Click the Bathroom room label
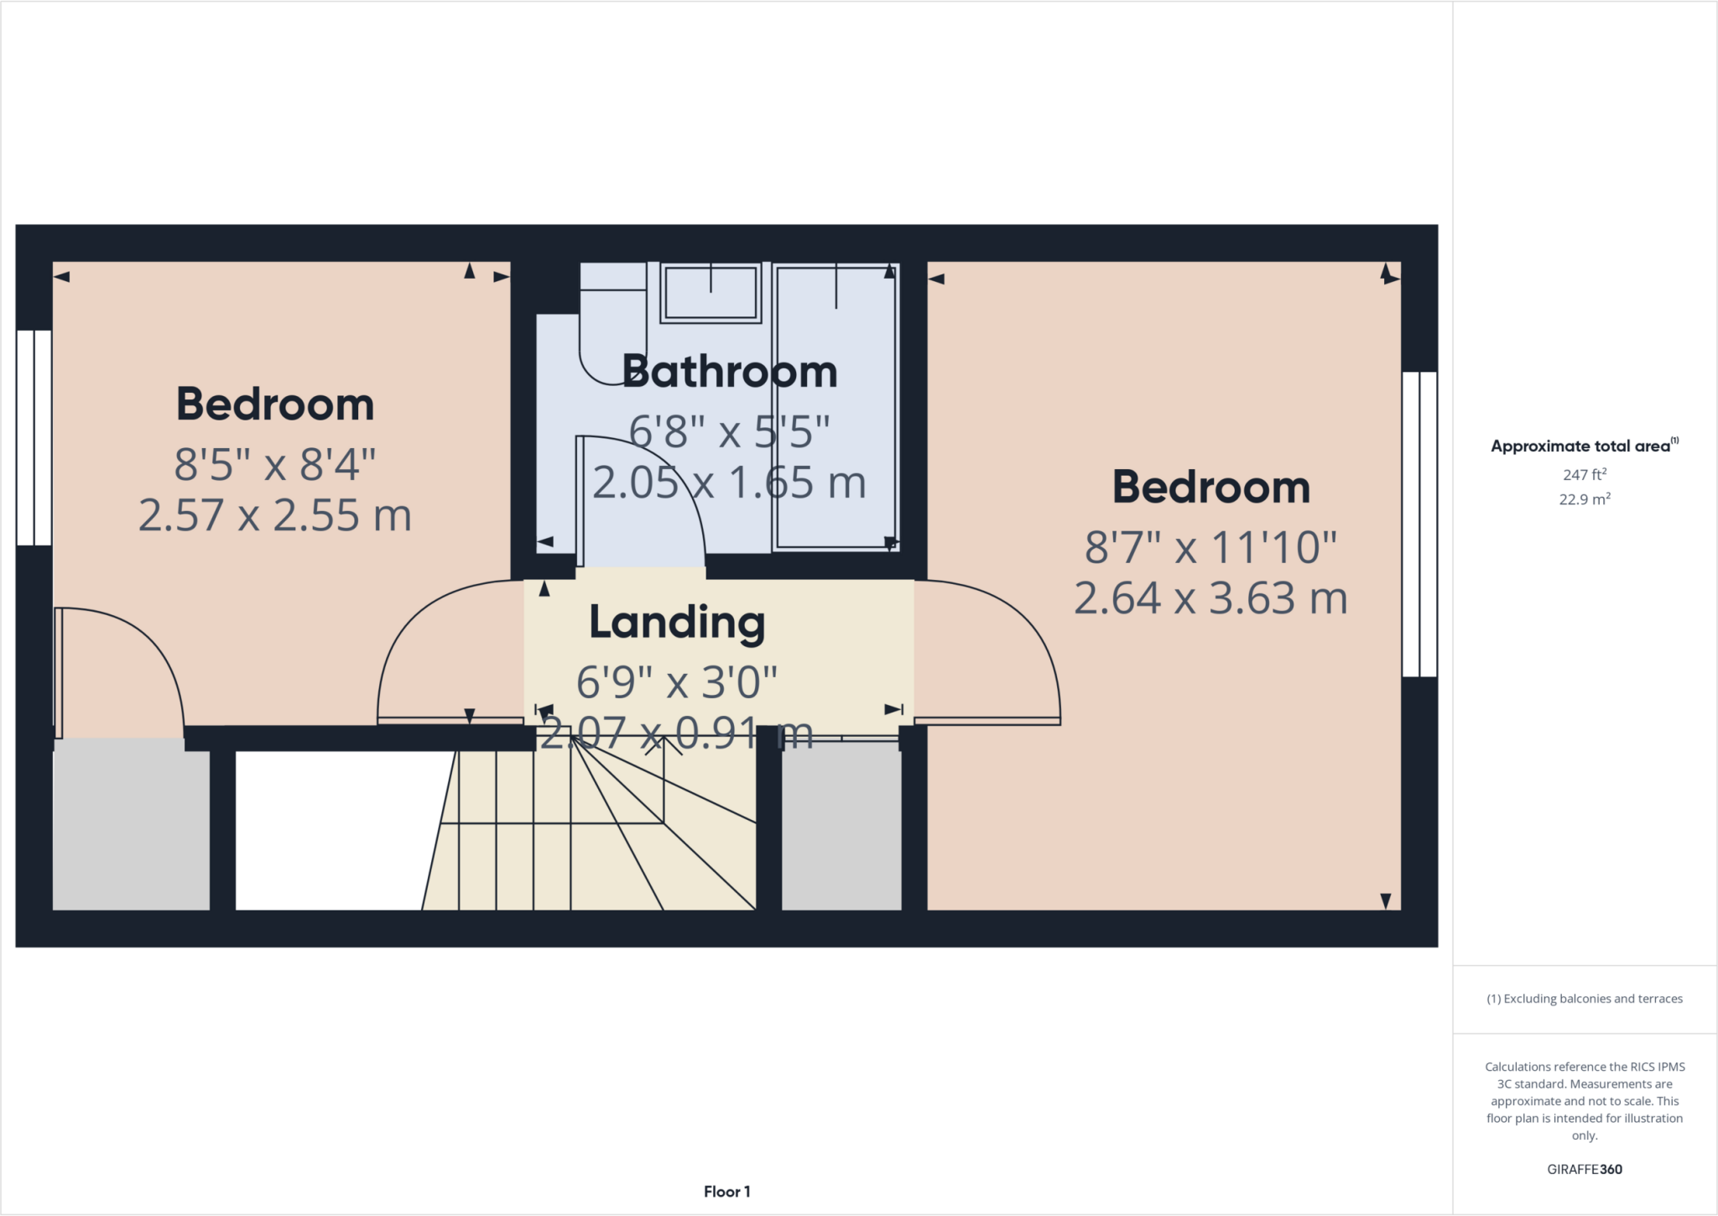pos(729,372)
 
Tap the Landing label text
pos(677,622)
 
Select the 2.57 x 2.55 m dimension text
pos(275,515)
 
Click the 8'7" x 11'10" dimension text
pos(1210,547)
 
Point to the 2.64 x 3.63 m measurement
pos(1210,598)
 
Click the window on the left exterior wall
pos(34,437)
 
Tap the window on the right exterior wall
pos(1419,524)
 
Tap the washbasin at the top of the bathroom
pos(711,293)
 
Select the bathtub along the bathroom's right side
pos(835,407)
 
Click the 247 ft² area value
pos(1584,475)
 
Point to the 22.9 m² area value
pos(1584,499)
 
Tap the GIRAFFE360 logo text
pos(1584,1169)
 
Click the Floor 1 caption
pos(726,1192)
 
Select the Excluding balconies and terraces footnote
pos(1584,999)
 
